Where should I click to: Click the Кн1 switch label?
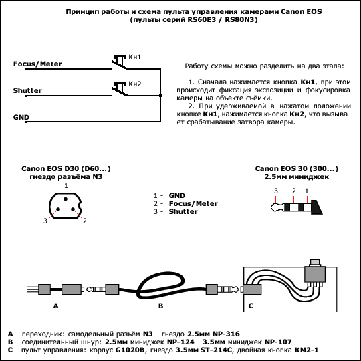[x=134, y=57]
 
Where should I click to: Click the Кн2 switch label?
[x=134, y=84]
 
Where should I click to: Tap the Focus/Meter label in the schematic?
[x=37, y=64]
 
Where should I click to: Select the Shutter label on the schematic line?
[x=27, y=90]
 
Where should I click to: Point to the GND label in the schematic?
[x=21, y=117]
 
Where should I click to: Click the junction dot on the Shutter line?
[x=160, y=96]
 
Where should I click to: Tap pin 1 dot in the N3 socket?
[x=66, y=199]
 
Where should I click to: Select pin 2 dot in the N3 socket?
[x=73, y=209]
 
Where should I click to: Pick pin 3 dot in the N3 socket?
[x=58, y=209]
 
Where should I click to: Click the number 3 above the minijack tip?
[x=276, y=191]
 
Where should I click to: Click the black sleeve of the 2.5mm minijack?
[x=317, y=207]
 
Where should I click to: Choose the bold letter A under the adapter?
[x=56, y=306]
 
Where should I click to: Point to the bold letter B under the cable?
[x=160, y=306]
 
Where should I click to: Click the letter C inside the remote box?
[x=251, y=306]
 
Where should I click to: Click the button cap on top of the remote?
[x=315, y=263]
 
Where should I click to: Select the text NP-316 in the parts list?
[x=226, y=334]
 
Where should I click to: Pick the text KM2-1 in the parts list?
[x=306, y=350]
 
